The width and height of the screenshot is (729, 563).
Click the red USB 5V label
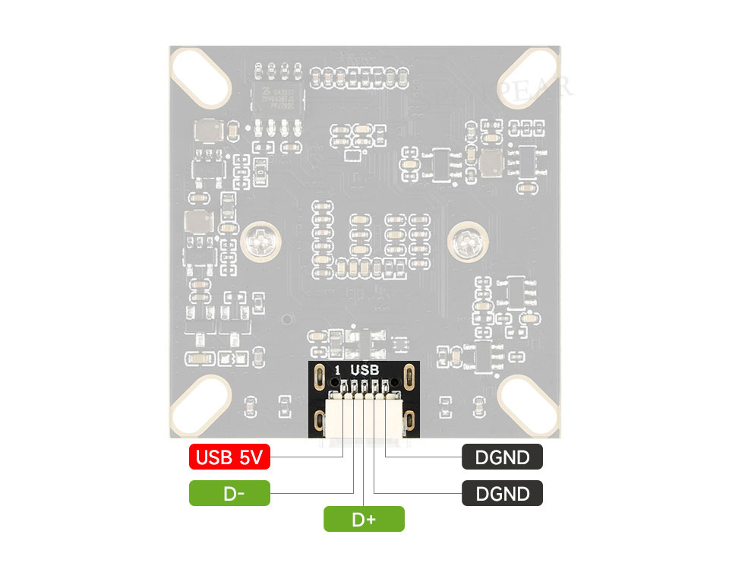(x=229, y=457)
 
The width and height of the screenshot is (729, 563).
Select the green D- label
(x=229, y=494)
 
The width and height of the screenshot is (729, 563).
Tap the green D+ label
(x=364, y=520)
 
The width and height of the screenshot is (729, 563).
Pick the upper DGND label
(x=502, y=457)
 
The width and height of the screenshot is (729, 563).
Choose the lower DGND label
(x=502, y=494)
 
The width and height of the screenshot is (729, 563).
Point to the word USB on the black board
(x=364, y=370)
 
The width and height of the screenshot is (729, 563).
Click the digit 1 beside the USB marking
(x=337, y=370)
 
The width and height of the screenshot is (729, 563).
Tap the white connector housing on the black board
(x=364, y=418)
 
